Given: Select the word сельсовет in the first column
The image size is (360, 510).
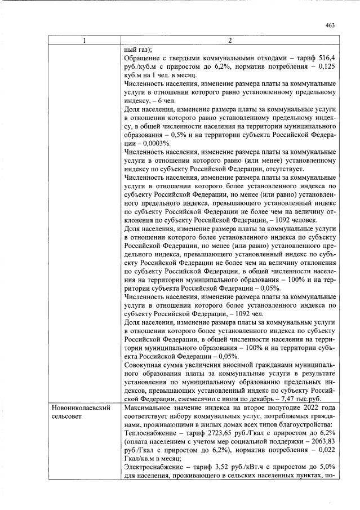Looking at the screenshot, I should coord(66,416).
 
